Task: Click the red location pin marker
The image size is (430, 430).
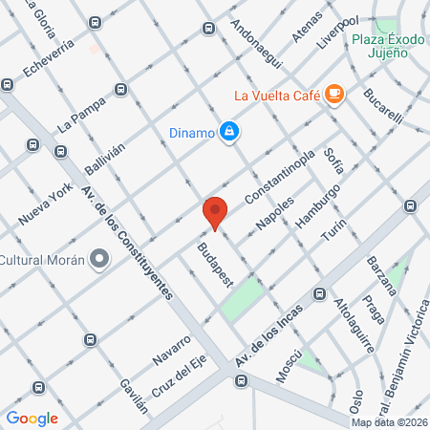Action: click(x=215, y=212)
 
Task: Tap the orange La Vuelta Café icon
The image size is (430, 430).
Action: click(x=333, y=93)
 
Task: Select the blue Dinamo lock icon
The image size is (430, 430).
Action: click(x=229, y=132)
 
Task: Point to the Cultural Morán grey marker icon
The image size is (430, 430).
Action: click(x=98, y=259)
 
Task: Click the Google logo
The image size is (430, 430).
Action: click(x=32, y=418)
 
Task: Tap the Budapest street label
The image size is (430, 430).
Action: click(x=215, y=264)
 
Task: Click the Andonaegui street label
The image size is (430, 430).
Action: click(x=257, y=45)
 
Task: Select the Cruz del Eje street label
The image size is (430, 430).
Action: click(x=179, y=379)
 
